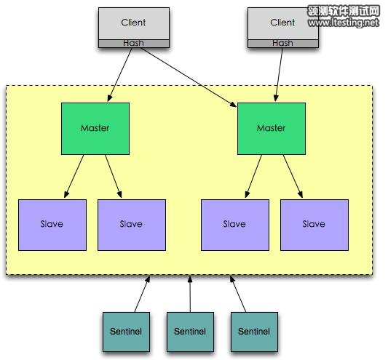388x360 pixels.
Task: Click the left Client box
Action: click(133, 23)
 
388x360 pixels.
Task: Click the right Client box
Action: click(282, 23)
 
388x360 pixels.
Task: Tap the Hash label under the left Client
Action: click(133, 43)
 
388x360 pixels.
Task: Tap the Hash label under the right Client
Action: click(282, 43)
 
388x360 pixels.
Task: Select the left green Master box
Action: click(95, 128)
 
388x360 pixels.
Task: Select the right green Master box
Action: click(272, 128)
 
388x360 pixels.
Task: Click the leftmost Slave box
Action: click(51, 225)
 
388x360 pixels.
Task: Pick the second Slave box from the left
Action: click(131, 225)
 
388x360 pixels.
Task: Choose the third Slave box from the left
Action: click(234, 225)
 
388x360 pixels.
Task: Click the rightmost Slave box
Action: click(314, 225)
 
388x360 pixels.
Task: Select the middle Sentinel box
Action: click(191, 332)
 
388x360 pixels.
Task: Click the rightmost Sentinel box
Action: click(254, 332)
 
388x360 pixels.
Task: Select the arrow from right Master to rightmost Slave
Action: click(293, 176)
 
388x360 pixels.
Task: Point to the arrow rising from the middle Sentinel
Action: click(190, 294)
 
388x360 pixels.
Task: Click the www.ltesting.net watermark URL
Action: click(343, 23)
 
